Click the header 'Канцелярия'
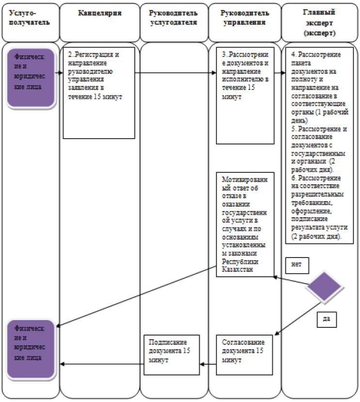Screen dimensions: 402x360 tap(99, 13)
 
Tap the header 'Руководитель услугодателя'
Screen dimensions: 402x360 tap(172, 17)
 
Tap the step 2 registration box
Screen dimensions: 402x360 tap(98, 92)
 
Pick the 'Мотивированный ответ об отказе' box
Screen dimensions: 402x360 tap(245, 224)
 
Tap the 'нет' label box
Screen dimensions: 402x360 tap(297, 265)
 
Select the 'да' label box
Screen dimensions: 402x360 tap(326, 318)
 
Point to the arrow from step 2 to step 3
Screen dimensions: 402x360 tap(175, 73)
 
